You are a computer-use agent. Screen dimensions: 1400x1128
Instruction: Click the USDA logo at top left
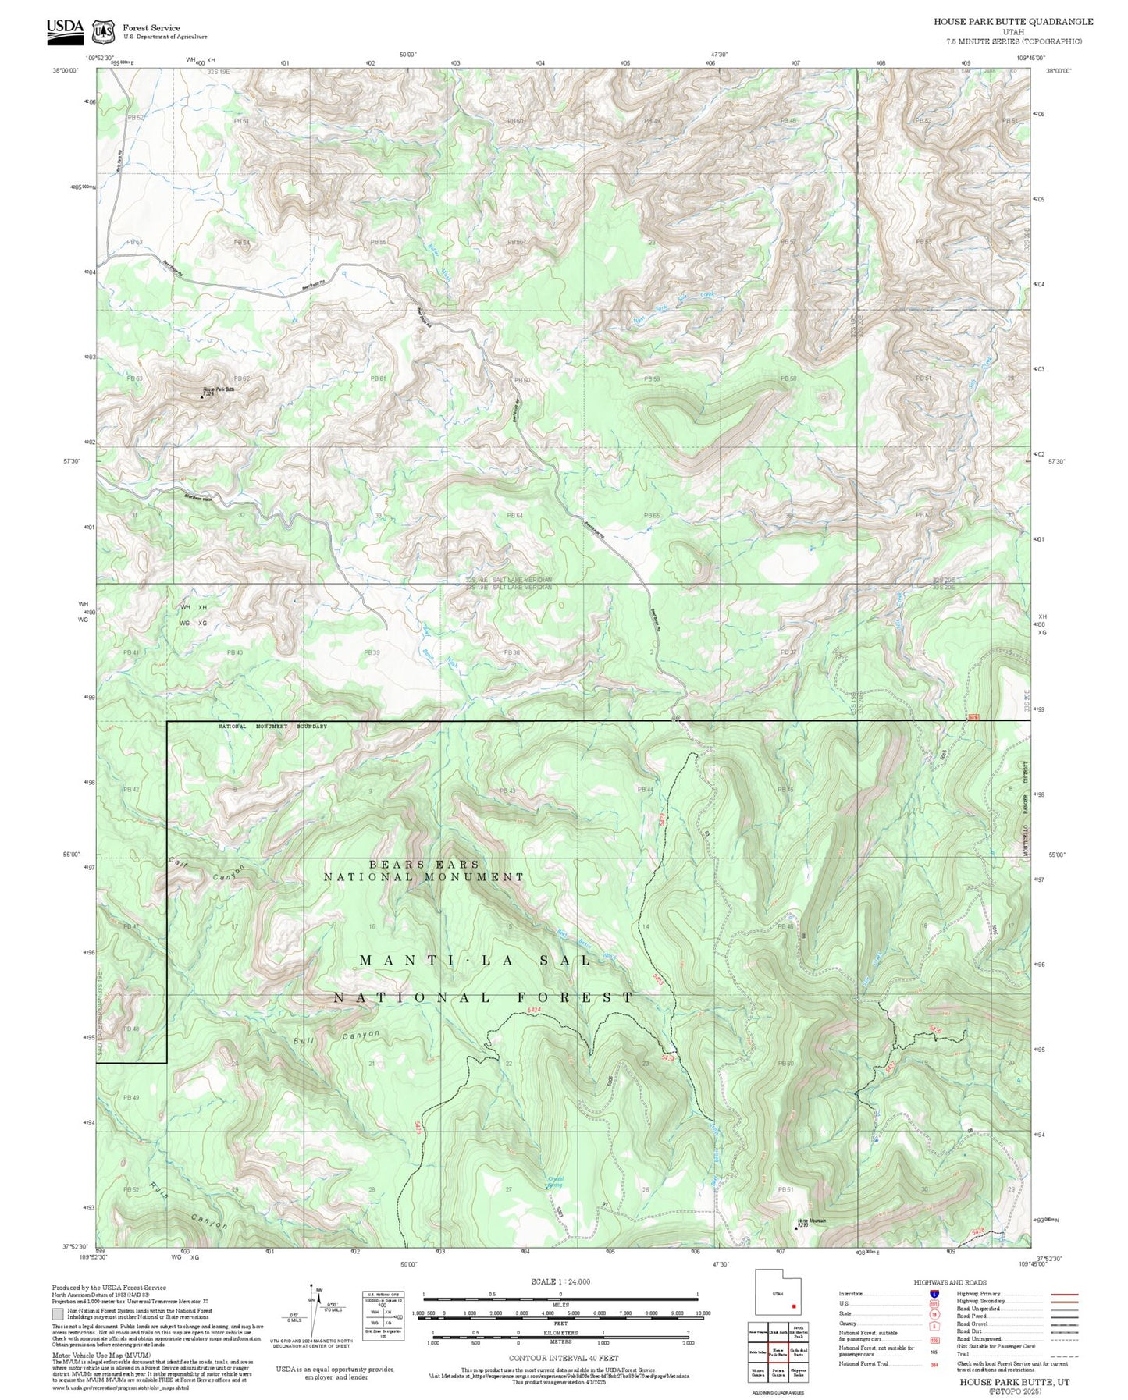64,30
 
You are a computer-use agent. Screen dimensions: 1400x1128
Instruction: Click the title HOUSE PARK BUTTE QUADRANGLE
1013,22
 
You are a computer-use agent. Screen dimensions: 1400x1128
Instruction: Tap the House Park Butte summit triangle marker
202,396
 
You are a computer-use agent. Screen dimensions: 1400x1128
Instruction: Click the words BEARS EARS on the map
424,865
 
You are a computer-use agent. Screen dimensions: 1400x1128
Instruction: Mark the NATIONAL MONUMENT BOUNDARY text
272,727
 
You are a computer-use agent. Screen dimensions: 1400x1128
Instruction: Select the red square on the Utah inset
793,1306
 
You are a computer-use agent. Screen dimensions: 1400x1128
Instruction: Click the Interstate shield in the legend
934,1293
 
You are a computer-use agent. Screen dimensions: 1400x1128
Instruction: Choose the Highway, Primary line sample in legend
1064,1293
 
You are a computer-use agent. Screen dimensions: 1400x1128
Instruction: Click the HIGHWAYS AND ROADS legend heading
949,1282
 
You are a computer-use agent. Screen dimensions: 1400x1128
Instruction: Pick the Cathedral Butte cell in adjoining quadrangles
798,1352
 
